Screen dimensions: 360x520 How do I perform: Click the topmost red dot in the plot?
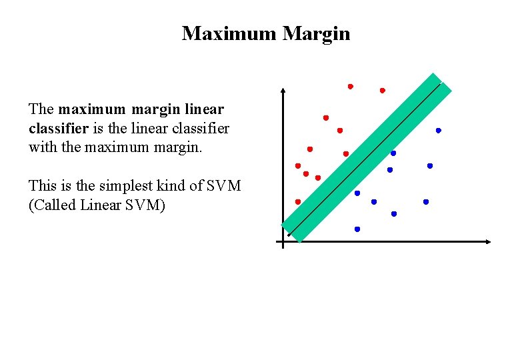click(x=350, y=87)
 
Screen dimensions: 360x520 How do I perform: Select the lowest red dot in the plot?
click(x=298, y=201)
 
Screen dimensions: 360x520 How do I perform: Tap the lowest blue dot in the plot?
click(x=357, y=229)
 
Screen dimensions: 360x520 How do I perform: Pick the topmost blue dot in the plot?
click(x=439, y=131)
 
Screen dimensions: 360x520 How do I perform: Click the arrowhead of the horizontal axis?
click(x=489, y=242)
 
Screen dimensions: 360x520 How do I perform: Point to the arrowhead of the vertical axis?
click(x=283, y=90)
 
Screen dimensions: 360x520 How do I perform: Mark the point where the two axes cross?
click(x=283, y=242)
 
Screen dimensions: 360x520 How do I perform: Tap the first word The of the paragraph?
click(x=41, y=109)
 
